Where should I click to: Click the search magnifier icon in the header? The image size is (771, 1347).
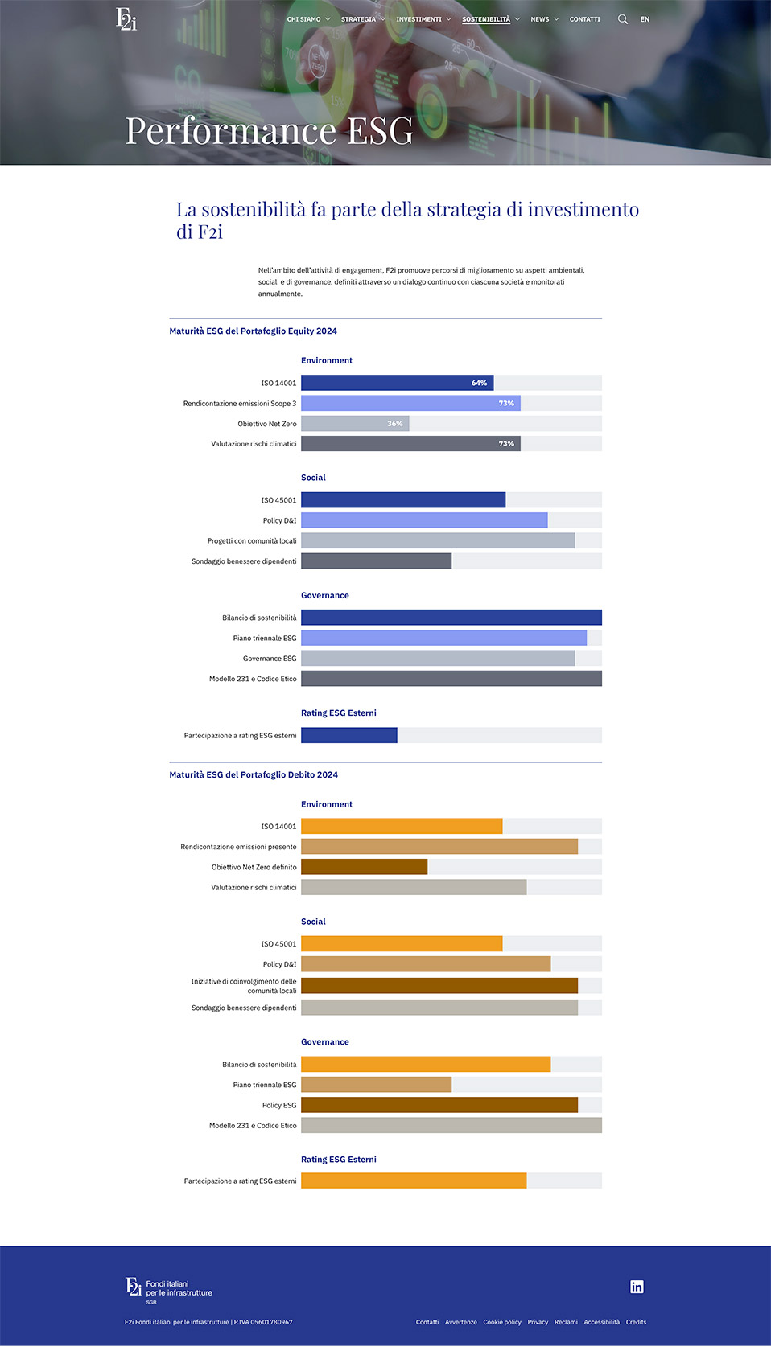click(x=622, y=19)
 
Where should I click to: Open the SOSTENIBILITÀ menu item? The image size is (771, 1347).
click(x=486, y=19)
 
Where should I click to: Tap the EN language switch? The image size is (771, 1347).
click(x=645, y=19)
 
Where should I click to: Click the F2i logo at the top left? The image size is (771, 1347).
click(x=126, y=18)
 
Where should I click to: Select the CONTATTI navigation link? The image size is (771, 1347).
click(x=584, y=19)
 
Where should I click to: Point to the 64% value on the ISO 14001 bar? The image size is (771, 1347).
click(x=480, y=383)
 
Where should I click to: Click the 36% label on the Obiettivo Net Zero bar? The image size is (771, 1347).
click(x=395, y=424)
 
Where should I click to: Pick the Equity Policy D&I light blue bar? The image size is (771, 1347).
click(x=424, y=520)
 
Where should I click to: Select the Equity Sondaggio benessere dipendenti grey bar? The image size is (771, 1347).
click(x=376, y=561)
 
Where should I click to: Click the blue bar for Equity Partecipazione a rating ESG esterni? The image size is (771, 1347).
click(x=348, y=735)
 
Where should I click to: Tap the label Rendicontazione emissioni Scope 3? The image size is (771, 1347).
click(x=240, y=404)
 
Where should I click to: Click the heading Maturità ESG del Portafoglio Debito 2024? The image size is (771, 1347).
click(x=254, y=774)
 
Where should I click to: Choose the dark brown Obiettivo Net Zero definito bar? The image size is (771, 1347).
click(x=364, y=867)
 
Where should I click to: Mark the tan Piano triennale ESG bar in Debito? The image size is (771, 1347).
click(x=376, y=1085)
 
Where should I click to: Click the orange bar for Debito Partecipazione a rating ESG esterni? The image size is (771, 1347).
click(x=414, y=1181)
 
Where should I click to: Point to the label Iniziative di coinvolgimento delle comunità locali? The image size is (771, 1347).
click(x=244, y=986)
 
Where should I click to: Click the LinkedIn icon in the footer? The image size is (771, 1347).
click(x=637, y=1287)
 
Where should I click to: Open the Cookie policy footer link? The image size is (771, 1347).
click(x=502, y=1322)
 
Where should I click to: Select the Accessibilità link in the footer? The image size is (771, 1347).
click(x=601, y=1322)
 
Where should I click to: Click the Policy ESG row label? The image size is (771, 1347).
click(x=279, y=1106)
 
